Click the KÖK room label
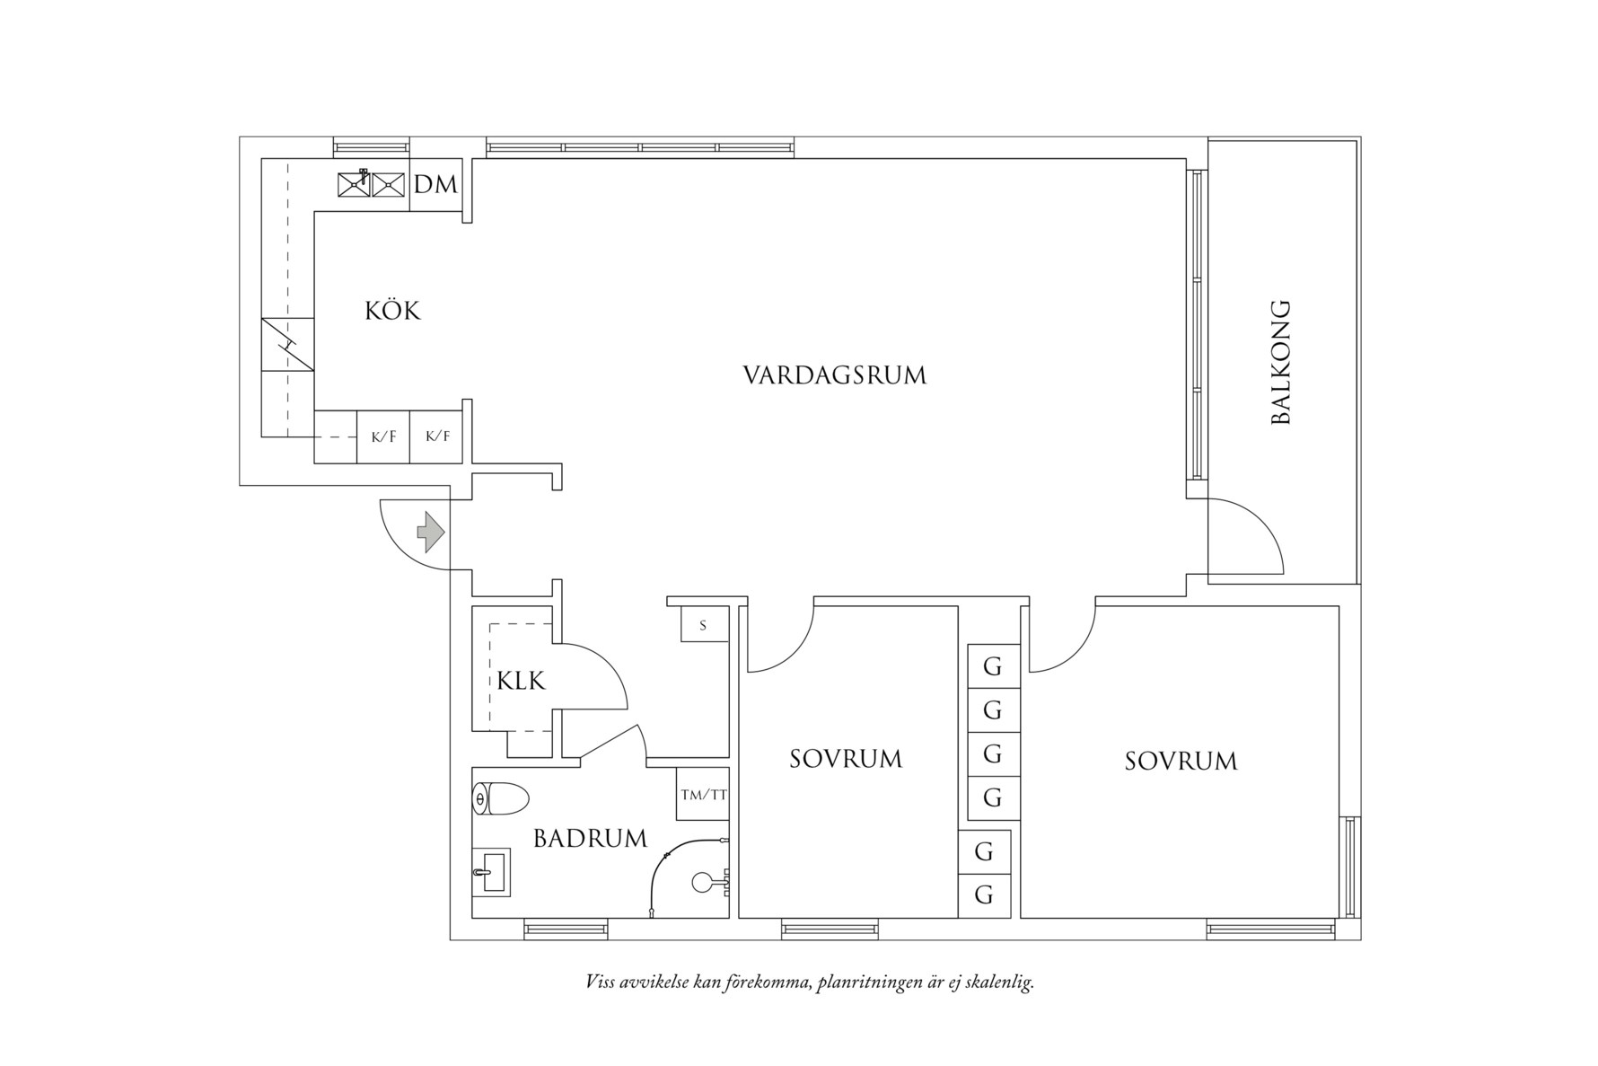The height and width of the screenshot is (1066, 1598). pos(392,311)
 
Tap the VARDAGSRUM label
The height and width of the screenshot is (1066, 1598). pos(834,375)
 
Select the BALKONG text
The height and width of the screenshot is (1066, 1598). pos(1281,362)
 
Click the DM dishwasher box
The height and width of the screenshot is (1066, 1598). pos(436,185)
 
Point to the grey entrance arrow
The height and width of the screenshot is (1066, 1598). pos(431,533)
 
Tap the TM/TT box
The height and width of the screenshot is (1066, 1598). pos(703,794)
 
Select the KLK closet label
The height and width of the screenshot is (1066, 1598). pos(522,681)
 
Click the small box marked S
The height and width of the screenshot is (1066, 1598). pos(703,625)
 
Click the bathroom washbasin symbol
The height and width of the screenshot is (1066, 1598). pos(490,871)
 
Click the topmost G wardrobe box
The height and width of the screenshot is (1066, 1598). pos(992,666)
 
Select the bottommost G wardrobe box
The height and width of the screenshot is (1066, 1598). pos(984,895)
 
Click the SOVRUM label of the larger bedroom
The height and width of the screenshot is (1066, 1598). pos(1181,762)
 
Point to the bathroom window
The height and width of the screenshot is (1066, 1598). pos(565,929)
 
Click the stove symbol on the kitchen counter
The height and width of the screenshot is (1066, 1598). pos(287,344)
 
